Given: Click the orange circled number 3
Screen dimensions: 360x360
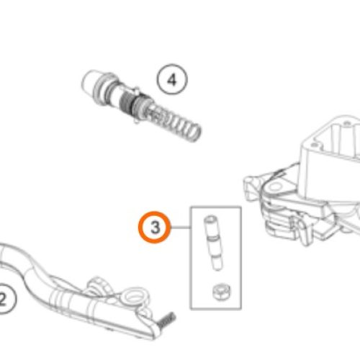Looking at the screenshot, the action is coord(155,227).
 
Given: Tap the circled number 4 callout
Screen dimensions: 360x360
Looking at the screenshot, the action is coord(172,79).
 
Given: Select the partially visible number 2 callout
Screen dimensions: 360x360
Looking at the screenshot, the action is coord(5,298).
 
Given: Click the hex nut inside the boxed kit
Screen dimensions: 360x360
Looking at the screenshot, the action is coord(221,292).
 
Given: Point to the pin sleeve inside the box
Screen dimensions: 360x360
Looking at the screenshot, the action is coord(213,243).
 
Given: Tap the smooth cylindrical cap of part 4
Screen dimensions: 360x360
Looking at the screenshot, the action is coord(91,80).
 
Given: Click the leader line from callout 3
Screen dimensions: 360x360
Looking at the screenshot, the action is coord(181,228).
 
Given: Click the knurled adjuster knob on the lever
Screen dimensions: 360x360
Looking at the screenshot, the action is coord(99,285).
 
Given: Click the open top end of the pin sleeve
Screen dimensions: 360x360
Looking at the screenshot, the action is coord(210,219).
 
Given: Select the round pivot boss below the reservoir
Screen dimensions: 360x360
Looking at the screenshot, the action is coord(276,186).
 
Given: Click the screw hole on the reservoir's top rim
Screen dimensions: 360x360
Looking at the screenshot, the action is coord(314,145).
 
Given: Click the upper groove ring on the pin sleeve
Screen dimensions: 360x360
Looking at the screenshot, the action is coord(213,238).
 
